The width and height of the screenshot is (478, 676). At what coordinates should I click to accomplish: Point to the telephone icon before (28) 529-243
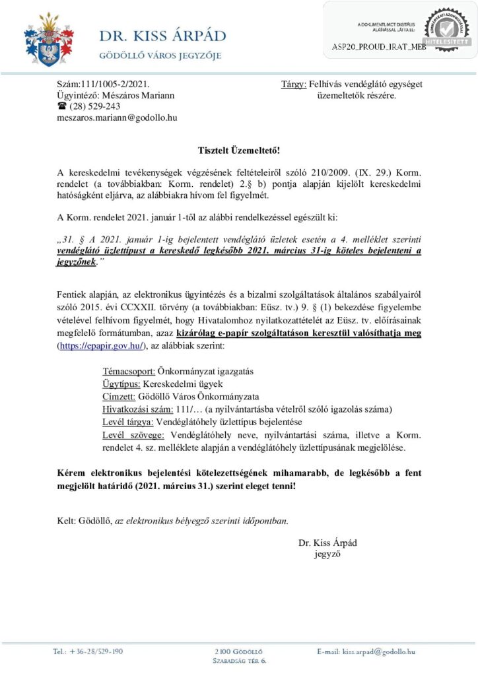pyautogui.click(x=63, y=106)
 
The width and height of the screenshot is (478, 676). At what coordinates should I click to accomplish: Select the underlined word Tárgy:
pyautogui.click(x=294, y=84)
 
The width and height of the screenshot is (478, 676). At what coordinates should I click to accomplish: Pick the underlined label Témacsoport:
pyautogui.click(x=129, y=372)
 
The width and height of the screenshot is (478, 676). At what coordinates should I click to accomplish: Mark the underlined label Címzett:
pyautogui.click(x=119, y=397)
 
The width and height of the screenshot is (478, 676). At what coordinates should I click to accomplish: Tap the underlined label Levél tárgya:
pyautogui.click(x=128, y=422)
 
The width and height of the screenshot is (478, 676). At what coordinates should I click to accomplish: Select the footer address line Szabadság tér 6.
pyautogui.click(x=239, y=660)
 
